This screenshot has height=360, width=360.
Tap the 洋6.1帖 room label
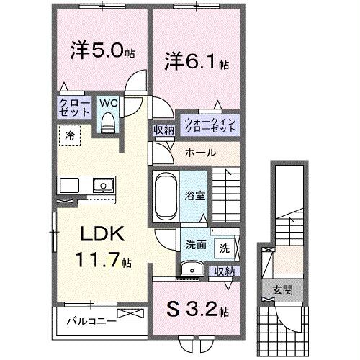[195, 60]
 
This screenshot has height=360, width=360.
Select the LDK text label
[104, 235]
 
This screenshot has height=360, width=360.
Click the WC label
[108, 102]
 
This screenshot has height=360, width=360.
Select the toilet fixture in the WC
[108, 123]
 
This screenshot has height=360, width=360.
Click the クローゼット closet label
[75, 109]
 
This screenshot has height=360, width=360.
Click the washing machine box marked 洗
[224, 248]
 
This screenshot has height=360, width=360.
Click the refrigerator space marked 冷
[71, 134]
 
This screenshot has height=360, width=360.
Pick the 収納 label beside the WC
[162, 130]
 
